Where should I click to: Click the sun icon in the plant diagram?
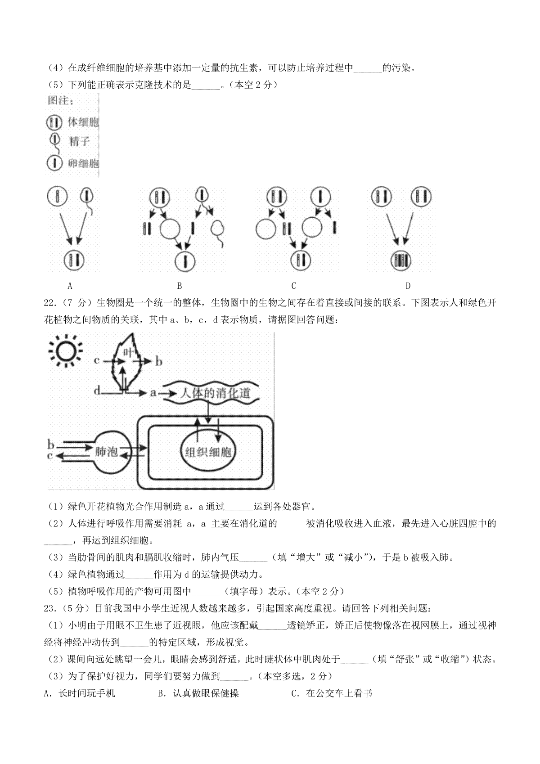click(x=66, y=351)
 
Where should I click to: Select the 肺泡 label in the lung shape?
click(x=106, y=452)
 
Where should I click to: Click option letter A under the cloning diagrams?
click(x=70, y=285)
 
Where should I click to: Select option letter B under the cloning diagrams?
click(x=180, y=285)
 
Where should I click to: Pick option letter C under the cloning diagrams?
click(x=294, y=285)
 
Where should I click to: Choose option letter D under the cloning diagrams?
click(x=408, y=285)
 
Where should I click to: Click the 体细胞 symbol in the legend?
click(x=54, y=122)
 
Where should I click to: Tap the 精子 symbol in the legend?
click(x=55, y=143)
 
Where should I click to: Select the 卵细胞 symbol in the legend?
click(x=54, y=163)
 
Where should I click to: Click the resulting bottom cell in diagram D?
click(x=401, y=261)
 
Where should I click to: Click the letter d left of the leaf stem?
click(x=97, y=391)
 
